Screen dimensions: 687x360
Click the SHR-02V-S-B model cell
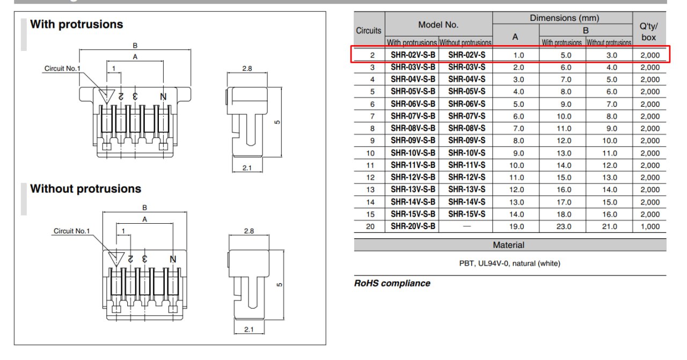[x=413, y=55]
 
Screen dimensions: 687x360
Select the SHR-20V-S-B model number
[x=413, y=226]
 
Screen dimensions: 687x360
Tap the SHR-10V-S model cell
[x=466, y=153]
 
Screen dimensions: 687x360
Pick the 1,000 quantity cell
[x=650, y=226]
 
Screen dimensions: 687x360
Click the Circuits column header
[x=368, y=31]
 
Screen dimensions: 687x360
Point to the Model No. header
[x=438, y=25]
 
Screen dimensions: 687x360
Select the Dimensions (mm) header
[x=564, y=18]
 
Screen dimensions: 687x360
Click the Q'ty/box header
[x=649, y=32]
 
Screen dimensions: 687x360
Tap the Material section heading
[x=508, y=245]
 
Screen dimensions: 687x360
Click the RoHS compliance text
[x=392, y=283]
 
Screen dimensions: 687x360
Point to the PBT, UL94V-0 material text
[x=509, y=263]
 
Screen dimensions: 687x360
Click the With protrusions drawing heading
[x=76, y=24]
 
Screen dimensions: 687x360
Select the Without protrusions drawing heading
[x=85, y=189]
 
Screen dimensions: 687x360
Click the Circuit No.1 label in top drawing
[x=62, y=68]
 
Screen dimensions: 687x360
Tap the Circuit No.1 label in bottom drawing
[x=71, y=231]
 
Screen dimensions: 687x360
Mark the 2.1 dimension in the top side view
[x=247, y=168]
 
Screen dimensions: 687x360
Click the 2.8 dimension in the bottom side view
[x=249, y=231]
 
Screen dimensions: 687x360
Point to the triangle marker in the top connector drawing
[x=106, y=96]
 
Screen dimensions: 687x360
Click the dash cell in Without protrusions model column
[x=467, y=226]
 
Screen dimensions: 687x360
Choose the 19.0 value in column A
[x=516, y=226]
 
